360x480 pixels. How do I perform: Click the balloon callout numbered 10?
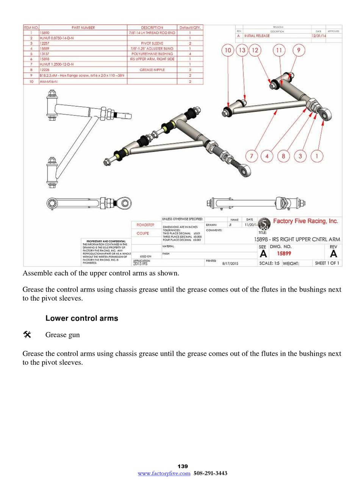pyautogui.click(x=228, y=50)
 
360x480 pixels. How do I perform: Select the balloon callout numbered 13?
pyautogui.click(x=242, y=50)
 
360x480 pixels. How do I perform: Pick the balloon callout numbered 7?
pyautogui.click(x=251, y=156)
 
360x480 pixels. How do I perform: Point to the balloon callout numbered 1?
pyautogui.click(x=318, y=156)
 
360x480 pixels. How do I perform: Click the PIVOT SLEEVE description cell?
pyautogui.click(x=152, y=44)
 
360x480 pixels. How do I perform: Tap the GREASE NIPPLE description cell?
pyautogui.click(x=152, y=70)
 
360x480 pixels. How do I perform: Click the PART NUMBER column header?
pyautogui.click(x=83, y=28)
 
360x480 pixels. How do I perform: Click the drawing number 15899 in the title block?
pyautogui.click(x=284, y=254)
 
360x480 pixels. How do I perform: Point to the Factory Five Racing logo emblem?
pyautogui.click(x=264, y=223)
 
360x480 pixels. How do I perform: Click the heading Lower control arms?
pyautogui.click(x=81, y=318)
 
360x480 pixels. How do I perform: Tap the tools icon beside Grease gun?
pyautogui.click(x=27, y=334)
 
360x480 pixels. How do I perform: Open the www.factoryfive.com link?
pyautogui.click(x=164, y=473)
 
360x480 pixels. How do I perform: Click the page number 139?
pyautogui.click(x=183, y=466)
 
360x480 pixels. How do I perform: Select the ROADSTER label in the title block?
pyautogui.click(x=145, y=225)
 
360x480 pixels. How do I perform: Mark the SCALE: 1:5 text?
pyautogui.click(x=269, y=263)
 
